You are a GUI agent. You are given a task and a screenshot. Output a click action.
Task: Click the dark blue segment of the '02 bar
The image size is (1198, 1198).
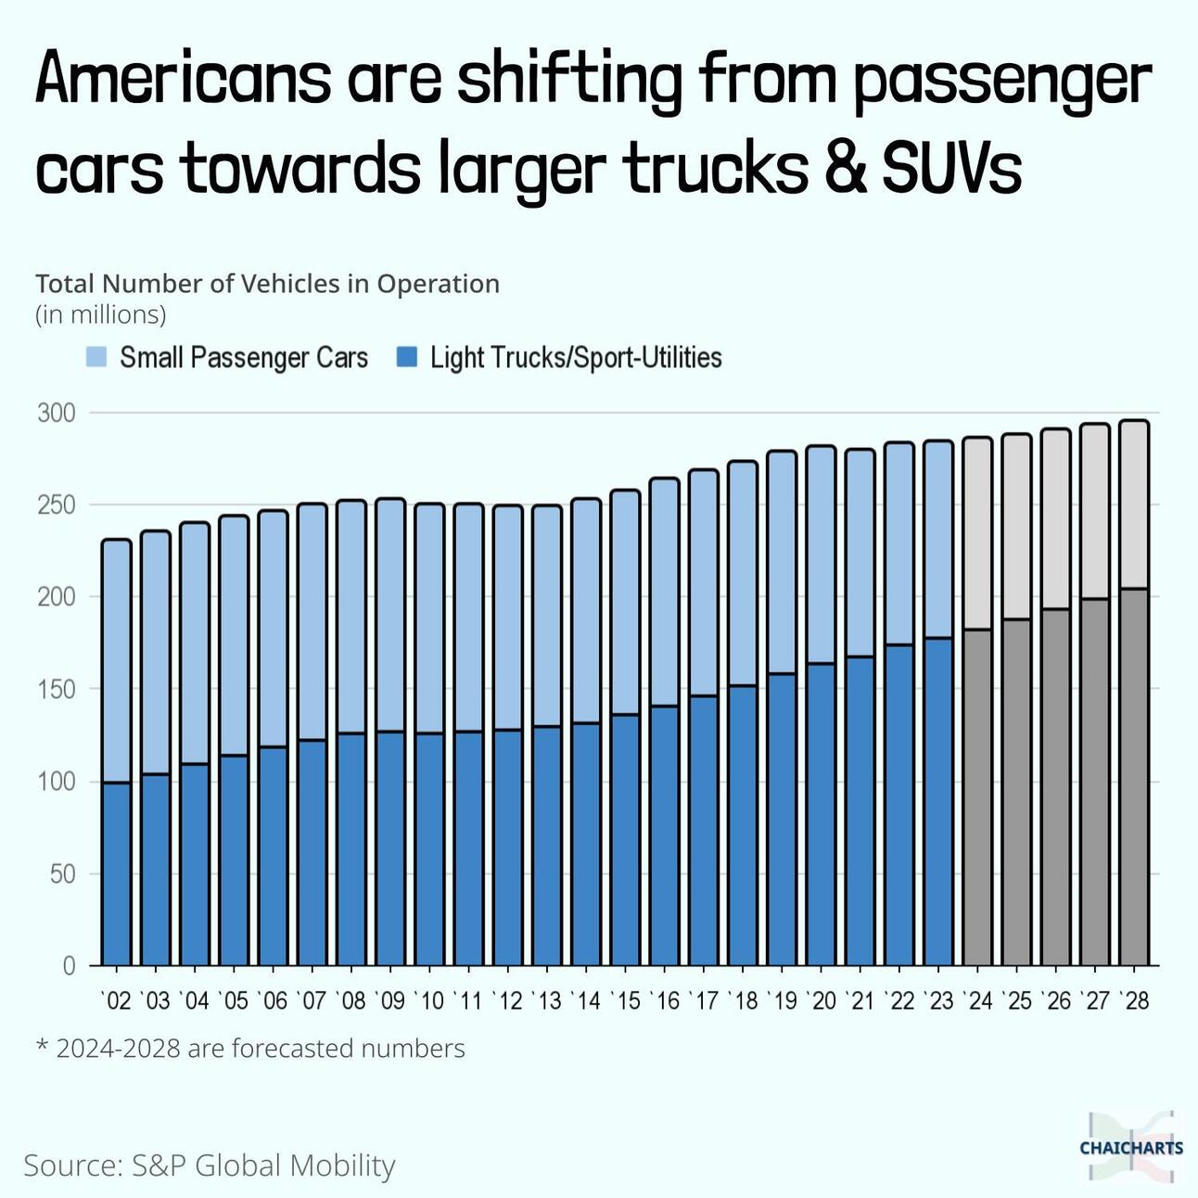pos(116,873)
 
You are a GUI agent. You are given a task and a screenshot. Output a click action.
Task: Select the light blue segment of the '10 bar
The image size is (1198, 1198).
pos(429,618)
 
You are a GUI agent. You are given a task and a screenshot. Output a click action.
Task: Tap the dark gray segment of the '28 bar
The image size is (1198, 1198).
pos(1134,777)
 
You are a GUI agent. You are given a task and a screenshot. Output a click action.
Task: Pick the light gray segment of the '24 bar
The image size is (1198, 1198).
pos(977,534)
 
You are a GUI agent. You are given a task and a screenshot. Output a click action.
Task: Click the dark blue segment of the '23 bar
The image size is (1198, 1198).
pos(938,801)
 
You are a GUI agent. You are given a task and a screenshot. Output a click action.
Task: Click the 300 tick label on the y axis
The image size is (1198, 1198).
pos(57,414)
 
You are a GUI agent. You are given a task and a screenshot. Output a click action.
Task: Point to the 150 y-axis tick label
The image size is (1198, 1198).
pos(57,690)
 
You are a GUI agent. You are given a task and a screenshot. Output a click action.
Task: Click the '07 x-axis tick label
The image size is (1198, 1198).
pos(312,1001)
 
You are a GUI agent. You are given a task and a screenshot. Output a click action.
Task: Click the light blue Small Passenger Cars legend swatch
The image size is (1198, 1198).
pos(96,357)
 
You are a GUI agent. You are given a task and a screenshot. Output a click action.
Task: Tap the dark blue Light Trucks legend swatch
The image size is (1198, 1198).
pos(406,357)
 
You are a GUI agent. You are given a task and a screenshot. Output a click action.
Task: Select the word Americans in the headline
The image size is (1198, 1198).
pos(183,79)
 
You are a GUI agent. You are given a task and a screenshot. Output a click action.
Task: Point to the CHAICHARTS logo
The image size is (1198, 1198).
pos(1131,1147)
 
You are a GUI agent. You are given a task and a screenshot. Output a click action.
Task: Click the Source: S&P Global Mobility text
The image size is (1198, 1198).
pos(210,1166)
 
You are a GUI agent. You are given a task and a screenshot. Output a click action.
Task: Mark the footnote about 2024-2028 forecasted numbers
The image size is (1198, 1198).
pos(250,1049)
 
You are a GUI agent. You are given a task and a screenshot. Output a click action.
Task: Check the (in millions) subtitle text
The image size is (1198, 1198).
pos(101,315)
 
